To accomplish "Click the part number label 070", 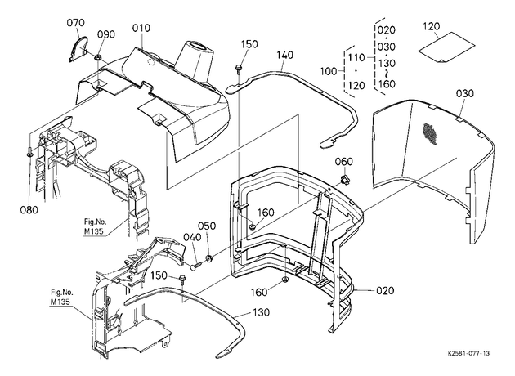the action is pyautogui.click(x=75, y=23).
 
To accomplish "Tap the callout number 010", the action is pyautogui.click(x=141, y=28).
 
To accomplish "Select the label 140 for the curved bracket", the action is pyautogui.click(x=284, y=55).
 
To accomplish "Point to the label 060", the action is pyautogui.click(x=344, y=162).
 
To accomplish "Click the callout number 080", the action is pyautogui.click(x=29, y=210).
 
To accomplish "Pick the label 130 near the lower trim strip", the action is pyautogui.click(x=261, y=312).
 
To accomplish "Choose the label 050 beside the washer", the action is pyautogui.click(x=207, y=226).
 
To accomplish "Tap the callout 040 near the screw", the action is pyautogui.click(x=192, y=237).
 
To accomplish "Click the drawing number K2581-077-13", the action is pyautogui.click(x=468, y=353).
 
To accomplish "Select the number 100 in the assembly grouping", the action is pyautogui.click(x=329, y=71).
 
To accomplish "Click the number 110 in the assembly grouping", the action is pyautogui.click(x=356, y=58).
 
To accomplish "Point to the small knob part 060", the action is pyautogui.click(x=344, y=179).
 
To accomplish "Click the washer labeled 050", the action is pyautogui.click(x=208, y=258).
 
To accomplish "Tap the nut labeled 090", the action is pyautogui.click(x=97, y=57).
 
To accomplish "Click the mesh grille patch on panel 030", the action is pyautogui.click(x=430, y=134).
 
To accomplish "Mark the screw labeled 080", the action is pyautogui.click(x=29, y=152).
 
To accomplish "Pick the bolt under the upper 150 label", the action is pyautogui.click(x=238, y=69).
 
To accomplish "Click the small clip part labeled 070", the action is pyautogui.click(x=78, y=48).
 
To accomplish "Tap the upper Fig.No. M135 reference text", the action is pyautogui.click(x=96, y=226).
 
